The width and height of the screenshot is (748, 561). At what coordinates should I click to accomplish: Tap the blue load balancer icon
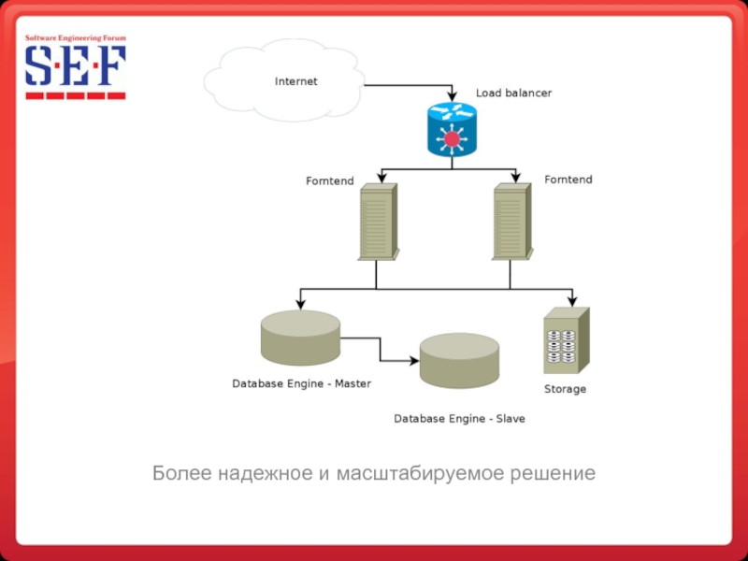click(452, 129)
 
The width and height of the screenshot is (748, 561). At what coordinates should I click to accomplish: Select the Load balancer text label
click(513, 93)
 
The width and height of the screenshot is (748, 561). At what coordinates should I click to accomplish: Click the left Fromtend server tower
click(378, 222)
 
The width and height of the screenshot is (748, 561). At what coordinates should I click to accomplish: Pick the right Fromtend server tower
click(512, 222)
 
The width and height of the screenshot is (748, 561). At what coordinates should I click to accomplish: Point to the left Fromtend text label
click(330, 180)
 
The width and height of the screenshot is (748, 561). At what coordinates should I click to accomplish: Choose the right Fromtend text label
click(568, 179)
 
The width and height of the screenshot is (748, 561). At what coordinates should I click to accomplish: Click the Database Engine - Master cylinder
click(300, 338)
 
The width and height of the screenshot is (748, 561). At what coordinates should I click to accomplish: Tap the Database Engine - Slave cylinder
click(459, 361)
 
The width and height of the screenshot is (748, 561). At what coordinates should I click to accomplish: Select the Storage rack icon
click(566, 341)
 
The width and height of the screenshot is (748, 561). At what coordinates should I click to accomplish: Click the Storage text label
click(565, 389)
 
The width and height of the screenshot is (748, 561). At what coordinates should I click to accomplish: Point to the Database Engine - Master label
click(301, 383)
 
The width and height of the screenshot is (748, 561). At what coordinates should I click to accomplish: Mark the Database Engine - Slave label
click(459, 419)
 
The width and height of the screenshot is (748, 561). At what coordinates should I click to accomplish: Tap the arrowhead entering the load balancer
click(452, 97)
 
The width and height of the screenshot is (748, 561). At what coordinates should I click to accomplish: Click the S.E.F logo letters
click(75, 67)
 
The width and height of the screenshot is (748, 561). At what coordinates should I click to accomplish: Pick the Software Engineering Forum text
click(75, 38)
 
